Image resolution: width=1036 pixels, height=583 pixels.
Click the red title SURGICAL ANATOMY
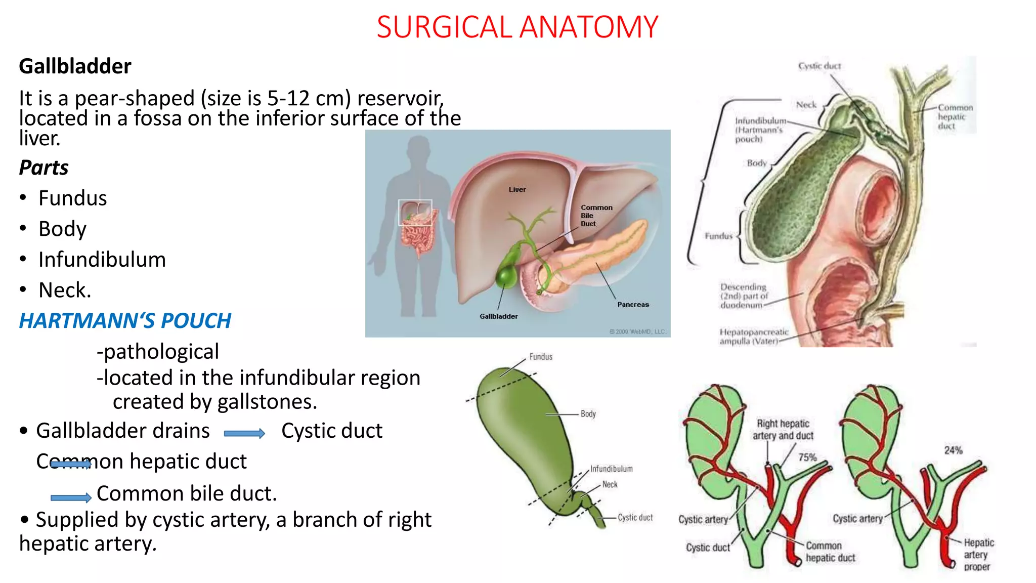(x=517, y=27)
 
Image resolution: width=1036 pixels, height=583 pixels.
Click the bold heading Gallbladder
(x=75, y=66)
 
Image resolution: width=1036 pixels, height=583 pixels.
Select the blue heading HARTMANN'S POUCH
(x=125, y=321)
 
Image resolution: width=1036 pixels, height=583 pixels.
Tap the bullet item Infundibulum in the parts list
(x=102, y=260)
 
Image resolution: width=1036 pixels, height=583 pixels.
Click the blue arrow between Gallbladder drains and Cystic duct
(x=244, y=433)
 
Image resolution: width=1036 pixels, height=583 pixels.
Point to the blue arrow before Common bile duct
(x=71, y=498)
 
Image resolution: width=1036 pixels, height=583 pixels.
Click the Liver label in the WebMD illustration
(x=517, y=190)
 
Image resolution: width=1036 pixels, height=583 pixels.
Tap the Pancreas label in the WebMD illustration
(x=632, y=305)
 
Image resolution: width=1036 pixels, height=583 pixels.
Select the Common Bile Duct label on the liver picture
(x=596, y=216)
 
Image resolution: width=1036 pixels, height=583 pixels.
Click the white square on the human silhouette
(x=415, y=213)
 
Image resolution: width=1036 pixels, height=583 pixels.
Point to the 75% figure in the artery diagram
(x=807, y=457)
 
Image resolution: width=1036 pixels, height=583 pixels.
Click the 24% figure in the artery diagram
(x=953, y=450)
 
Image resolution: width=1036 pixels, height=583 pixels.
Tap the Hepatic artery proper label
(x=978, y=555)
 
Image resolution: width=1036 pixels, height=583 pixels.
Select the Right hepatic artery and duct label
(x=783, y=430)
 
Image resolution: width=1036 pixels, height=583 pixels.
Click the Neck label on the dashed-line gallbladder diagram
(x=610, y=484)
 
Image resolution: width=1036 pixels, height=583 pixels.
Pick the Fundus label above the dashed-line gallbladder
(x=541, y=357)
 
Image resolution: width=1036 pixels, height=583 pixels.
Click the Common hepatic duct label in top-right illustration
(x=955, y=117)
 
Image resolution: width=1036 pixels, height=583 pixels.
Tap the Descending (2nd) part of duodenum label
(x=743, y=296)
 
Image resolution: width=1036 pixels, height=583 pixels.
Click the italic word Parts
(x=44, y=168)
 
